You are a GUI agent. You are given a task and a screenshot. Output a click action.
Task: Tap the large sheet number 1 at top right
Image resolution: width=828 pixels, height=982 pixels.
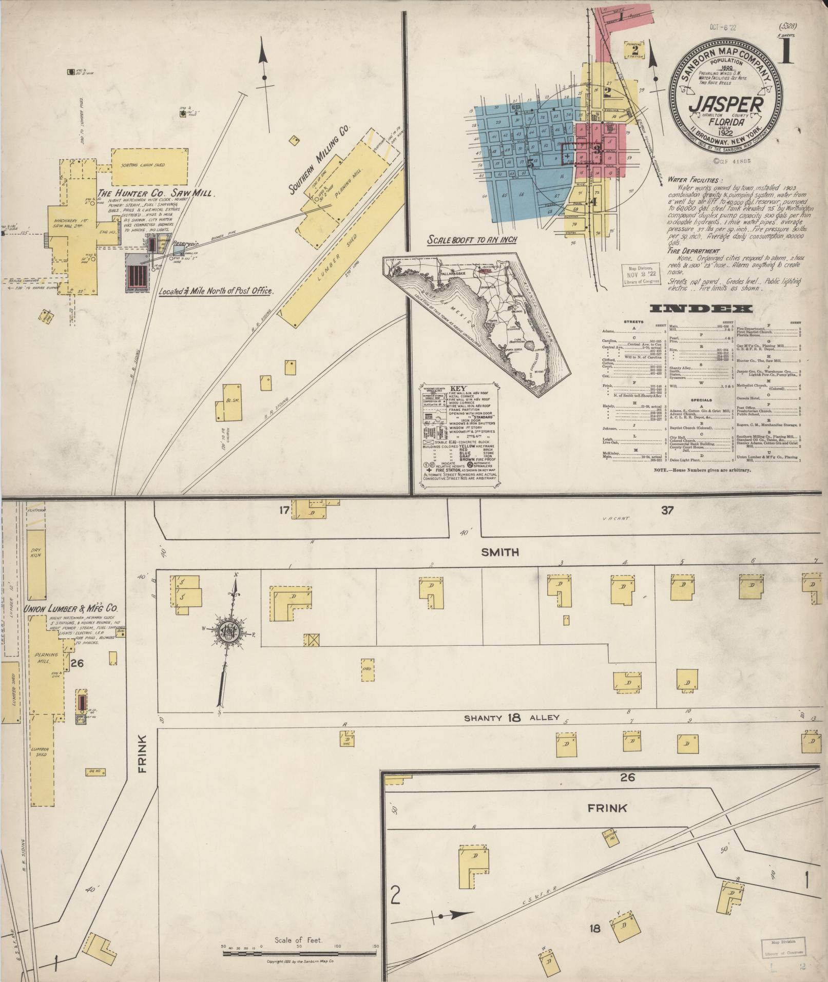click(786, 51)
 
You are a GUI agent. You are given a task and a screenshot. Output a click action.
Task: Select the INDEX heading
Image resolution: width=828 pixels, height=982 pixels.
click(701, 309)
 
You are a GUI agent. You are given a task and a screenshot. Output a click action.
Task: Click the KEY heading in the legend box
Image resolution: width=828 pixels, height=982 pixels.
click(457, 389)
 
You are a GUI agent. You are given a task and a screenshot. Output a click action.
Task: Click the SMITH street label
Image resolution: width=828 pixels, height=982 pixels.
click(500, 552)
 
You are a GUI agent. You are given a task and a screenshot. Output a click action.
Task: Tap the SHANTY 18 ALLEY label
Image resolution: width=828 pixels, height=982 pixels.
click(511, 718)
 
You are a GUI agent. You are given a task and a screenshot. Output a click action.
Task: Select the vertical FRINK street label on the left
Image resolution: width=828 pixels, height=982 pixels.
click(142, 754)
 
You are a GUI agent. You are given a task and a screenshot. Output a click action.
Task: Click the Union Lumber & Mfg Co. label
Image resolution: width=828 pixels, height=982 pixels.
click(71, 608)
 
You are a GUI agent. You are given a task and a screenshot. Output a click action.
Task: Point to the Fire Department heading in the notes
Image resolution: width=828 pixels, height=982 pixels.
click(694, 252)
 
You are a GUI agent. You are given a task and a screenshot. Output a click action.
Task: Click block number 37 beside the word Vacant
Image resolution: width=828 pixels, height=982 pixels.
click(667, 511)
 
